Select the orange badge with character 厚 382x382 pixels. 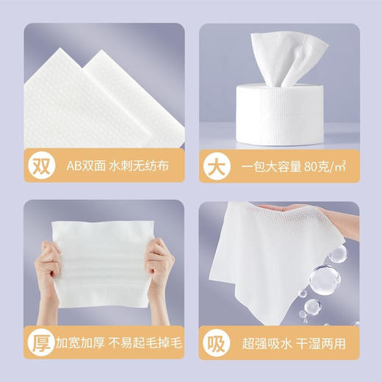coord(38,342)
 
